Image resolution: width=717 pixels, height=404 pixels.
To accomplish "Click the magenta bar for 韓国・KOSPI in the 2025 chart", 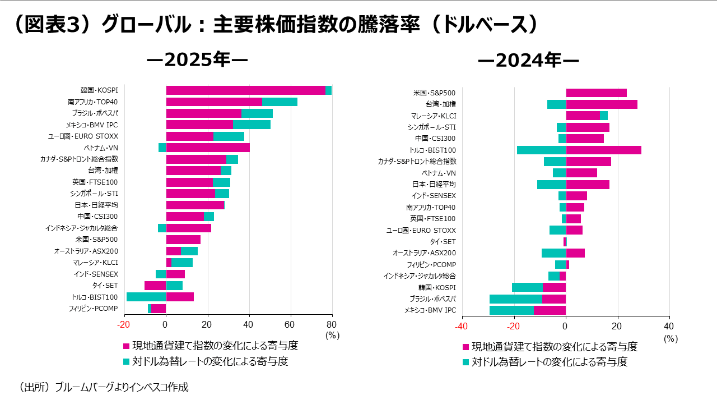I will (245, 90).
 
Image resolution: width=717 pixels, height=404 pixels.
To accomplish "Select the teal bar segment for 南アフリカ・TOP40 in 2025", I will (280, 102).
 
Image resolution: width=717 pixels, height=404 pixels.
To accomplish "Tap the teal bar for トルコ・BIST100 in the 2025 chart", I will (146, 297).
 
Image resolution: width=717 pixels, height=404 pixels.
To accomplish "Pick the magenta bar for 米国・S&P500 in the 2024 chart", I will (596, 93).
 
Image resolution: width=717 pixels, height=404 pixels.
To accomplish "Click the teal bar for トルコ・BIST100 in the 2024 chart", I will (541, 150).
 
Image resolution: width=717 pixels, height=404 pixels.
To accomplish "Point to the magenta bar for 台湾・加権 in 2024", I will (602, 104).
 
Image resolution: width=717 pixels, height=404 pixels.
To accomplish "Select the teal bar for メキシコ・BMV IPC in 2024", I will (511, 310).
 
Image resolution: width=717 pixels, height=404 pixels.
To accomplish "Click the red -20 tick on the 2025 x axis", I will (124, 324).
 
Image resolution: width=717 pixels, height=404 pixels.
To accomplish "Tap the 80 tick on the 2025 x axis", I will (332, 324).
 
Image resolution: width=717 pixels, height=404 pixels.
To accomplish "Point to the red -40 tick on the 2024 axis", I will (461, 326).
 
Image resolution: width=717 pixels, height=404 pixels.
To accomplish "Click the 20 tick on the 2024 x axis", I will (617, 326).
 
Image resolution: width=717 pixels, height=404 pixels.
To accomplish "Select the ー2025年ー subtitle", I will (197, 60).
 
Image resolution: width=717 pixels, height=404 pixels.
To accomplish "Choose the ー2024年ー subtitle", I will (528, 60).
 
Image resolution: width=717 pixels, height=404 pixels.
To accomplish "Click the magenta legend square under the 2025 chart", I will (126, 346).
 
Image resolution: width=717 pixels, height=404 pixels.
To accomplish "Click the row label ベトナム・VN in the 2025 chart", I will (101, 148).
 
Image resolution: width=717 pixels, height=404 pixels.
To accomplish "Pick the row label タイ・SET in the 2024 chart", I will (443, 241).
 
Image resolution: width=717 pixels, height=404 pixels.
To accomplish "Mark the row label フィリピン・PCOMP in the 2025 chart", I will (93, 308).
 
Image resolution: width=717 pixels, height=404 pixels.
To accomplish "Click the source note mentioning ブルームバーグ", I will (104, 387).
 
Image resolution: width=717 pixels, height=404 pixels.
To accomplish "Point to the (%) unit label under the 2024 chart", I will (671, 338).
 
